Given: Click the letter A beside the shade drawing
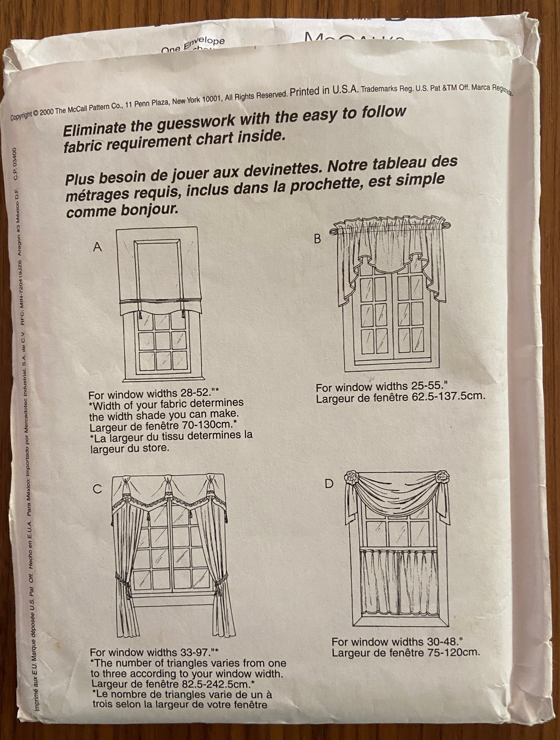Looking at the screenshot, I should (x=97, y=247).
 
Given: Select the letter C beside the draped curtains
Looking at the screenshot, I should (x=97, y=489).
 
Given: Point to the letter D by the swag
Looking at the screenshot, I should (x=329, y=483).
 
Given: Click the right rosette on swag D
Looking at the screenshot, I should (x=442, y=476).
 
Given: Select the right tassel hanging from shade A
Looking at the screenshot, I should (x=183, y=314).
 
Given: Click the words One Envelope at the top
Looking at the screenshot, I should (x=193, y=45).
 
